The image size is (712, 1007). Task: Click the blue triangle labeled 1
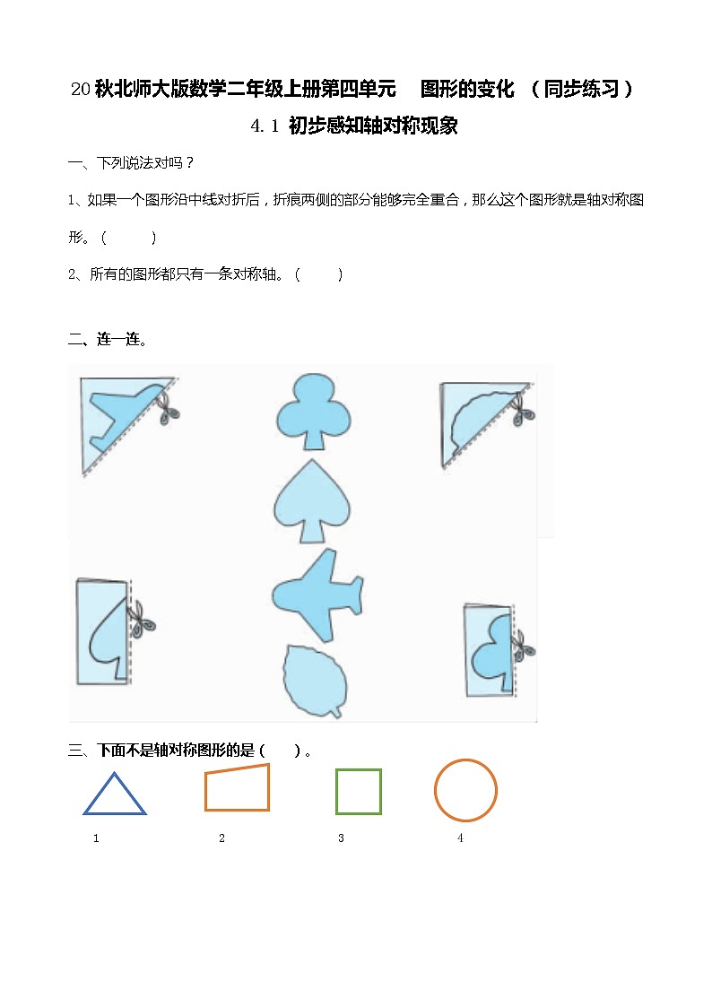[115, 794]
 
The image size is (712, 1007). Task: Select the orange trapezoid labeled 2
[237, 789]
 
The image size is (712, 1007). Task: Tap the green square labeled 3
[359, 792]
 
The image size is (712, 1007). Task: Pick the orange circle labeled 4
[465, 790]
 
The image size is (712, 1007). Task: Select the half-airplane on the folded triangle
[122, 416]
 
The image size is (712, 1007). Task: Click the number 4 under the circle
[460, 838]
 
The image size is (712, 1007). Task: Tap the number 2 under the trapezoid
[221, 838]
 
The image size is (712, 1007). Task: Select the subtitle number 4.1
[266, 126]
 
